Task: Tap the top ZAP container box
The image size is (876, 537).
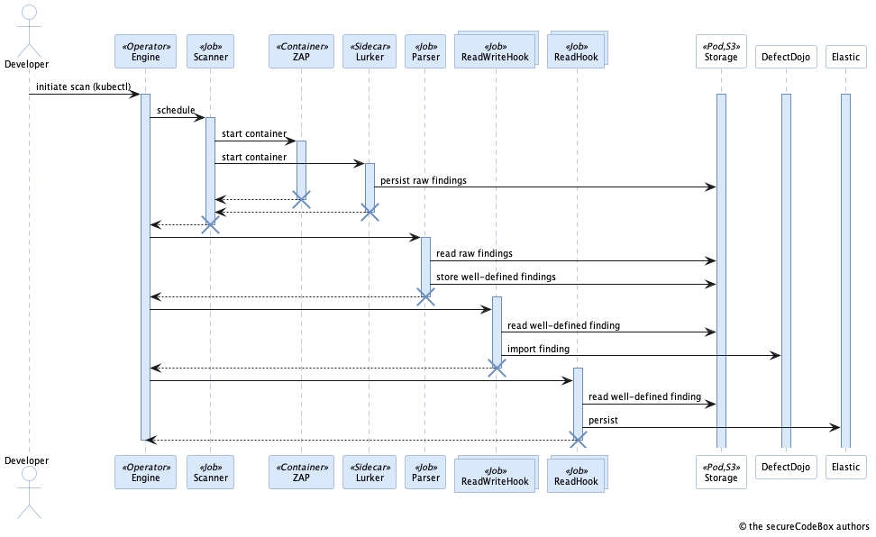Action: (301, 51)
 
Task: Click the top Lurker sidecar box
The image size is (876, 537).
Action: (369, 51)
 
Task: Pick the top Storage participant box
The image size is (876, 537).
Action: (720, 51)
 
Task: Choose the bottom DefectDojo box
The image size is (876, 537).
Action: (785, 467)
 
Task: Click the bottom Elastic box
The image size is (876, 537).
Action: (845, 467)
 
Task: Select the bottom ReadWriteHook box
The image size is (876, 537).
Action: (495, 474)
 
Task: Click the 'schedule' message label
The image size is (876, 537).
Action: (176, 110)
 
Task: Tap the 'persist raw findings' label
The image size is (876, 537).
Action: (424, 180)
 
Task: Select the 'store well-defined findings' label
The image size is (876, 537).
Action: (496, 277)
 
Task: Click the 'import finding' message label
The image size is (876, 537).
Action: (538, 349)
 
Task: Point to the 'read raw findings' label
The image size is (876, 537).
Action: (474, 254)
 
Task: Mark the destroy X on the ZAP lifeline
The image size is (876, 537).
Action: (302, 200)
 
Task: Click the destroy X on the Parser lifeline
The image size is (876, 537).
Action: (425, 296)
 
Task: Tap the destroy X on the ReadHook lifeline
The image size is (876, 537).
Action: (578, 440)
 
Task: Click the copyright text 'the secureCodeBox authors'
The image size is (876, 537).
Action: (804, 527)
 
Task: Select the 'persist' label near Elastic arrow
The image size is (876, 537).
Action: (603, 421)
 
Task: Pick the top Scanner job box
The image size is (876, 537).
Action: (210, 51)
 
